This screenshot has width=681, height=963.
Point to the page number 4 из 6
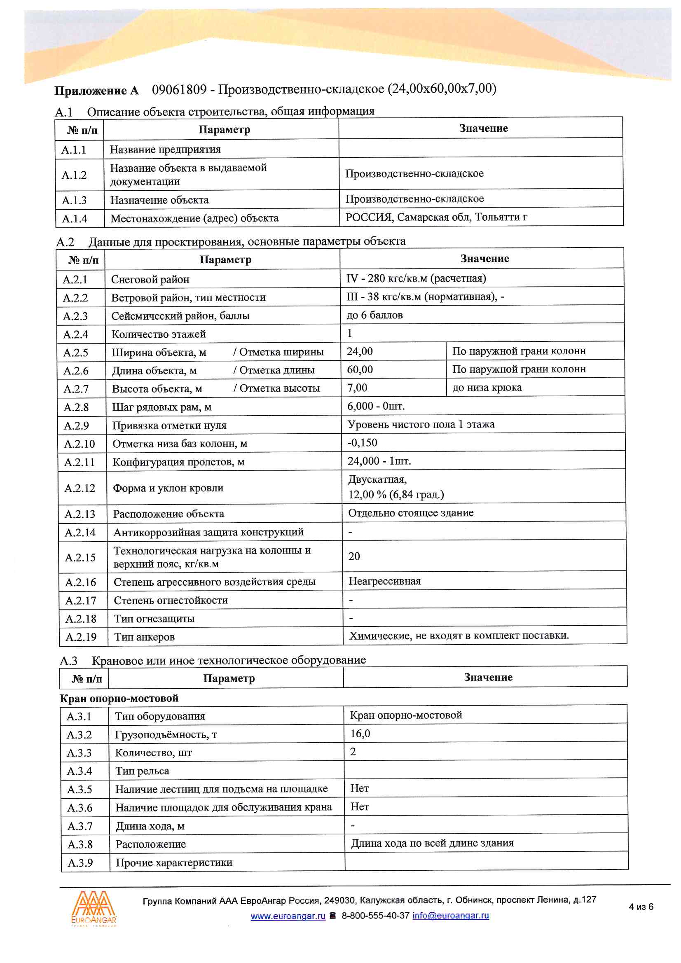point(641,907)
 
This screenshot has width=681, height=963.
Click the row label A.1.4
point(75,219)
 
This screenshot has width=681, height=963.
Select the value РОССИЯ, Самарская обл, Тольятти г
point(436,217)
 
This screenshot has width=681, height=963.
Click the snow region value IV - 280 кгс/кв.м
point(416,278)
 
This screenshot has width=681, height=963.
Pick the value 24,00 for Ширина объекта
point(360,351)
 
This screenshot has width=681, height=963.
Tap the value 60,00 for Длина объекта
point(360,369)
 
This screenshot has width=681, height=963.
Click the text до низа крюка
point(487,388)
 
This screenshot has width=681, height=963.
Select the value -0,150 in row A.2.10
point(362,442)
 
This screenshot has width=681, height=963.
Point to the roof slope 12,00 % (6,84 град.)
point(395,495)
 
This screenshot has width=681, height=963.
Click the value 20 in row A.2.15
point(354,556)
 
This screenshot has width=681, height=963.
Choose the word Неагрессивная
point(384,581)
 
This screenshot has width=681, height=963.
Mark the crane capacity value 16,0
point(360,734)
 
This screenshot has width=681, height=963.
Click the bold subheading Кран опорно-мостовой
point(119,698)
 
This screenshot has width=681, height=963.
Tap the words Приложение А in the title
point(96,91)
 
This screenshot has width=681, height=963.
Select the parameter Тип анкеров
point(144,637)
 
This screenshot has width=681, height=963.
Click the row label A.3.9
point(80,863)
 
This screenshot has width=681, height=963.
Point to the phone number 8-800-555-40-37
point(375,915)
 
